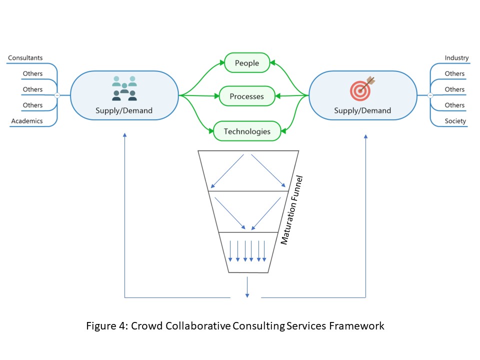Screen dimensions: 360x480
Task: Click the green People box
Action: point(247,63)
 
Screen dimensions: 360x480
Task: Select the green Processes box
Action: point(247,96)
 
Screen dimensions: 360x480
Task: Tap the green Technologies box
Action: point(247,131)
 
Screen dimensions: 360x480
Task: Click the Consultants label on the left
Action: point(25,58)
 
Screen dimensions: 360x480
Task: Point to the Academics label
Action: point(27,121)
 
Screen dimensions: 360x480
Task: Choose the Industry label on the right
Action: point(456,58)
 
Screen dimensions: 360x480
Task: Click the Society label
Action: point(455,121)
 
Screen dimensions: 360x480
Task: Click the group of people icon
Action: point(124,88)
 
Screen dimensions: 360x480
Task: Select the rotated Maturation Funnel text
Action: point(292,210)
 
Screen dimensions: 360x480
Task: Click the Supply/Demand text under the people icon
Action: point(124,110)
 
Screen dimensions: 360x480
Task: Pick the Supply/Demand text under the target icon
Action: point(362,110)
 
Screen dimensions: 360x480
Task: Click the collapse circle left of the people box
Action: point(57,94)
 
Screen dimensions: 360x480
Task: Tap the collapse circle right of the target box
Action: point(430,94)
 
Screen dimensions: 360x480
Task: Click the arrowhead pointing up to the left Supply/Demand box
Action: point(124,135)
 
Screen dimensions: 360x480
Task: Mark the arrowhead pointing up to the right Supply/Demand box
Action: point(366,135)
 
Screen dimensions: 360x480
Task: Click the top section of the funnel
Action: point(248,170)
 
